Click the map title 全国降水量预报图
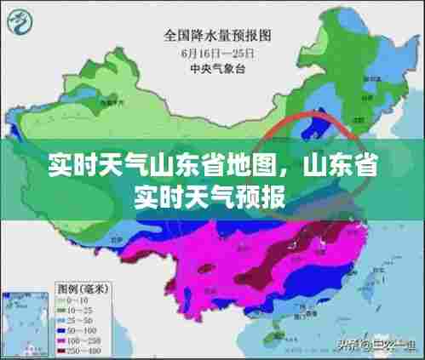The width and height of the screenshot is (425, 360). pyautogui.click(x=218, y=37)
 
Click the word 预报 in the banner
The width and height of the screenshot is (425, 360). pyautogui.click(x=265, y=197)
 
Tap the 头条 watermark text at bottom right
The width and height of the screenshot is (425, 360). pyautogui.click(x=348, y=345)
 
